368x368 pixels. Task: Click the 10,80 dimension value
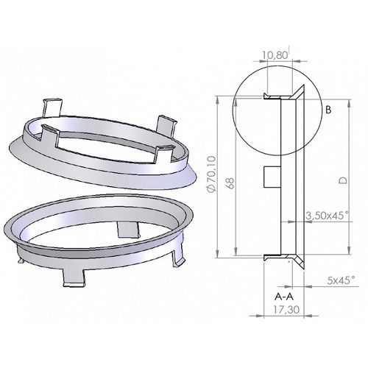click(x=275, y=55)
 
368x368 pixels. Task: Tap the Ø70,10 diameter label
click(x=211, y=174)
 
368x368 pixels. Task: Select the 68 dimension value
click(x=231, y=183)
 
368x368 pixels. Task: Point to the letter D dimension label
click(x=343, y=180)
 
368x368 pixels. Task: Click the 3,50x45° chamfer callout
click(x=327, y=216)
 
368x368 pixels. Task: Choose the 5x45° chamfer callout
click(x=342, y=280)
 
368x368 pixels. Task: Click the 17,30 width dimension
click(x=286, y=310)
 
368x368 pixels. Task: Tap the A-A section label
click(x=284, y=297)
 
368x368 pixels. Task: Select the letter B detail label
click(x=328, y=110)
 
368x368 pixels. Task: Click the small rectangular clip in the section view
click(x=272, y=177)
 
